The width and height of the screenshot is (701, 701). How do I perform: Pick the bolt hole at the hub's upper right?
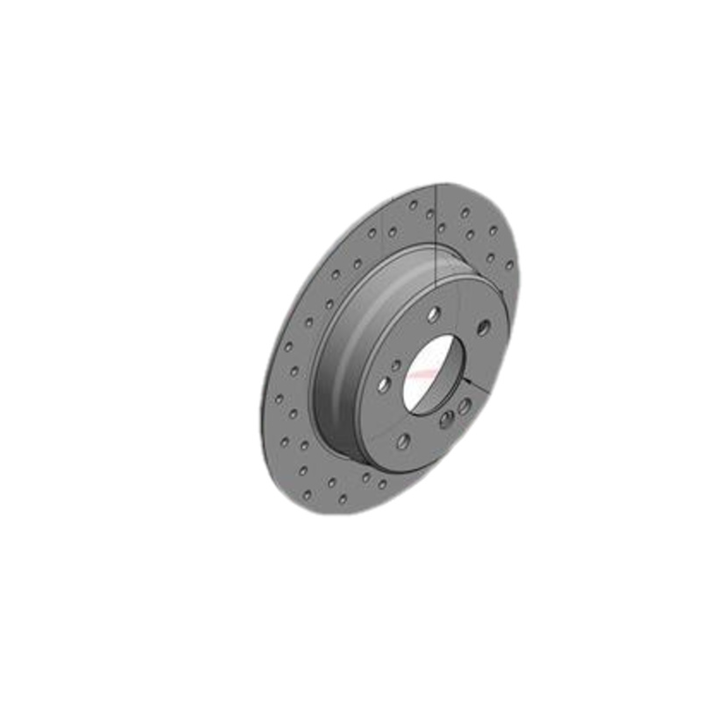tap(483, 328)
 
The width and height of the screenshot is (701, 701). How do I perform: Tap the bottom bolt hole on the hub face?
tap(402, 442)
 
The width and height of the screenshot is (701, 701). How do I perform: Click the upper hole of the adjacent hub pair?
tap(464, 406)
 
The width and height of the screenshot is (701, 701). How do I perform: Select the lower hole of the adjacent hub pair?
tap(447, 420)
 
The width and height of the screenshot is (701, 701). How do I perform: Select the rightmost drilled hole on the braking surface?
tap(509, 264)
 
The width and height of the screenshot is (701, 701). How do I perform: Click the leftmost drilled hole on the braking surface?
tap(278, 399)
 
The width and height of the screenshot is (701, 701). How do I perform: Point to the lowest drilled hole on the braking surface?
tap(343, 499)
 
